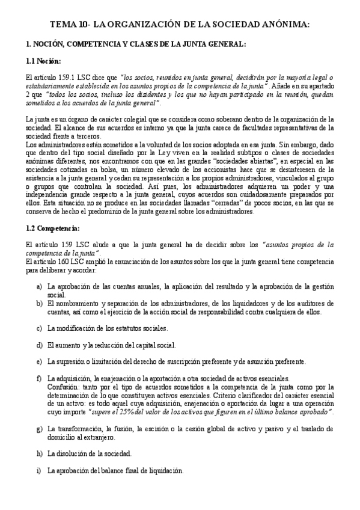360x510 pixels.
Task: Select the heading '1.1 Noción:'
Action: [44, 61]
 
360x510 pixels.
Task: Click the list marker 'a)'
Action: [39, 287]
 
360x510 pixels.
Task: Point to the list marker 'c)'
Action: [39, 329]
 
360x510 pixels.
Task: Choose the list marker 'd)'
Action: [39, 345]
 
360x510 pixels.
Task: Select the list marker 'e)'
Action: [39, 361]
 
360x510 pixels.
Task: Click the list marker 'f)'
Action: [39, 378]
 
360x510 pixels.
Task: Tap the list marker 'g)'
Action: [39, 428]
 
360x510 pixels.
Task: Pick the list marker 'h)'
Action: [39, 453]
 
